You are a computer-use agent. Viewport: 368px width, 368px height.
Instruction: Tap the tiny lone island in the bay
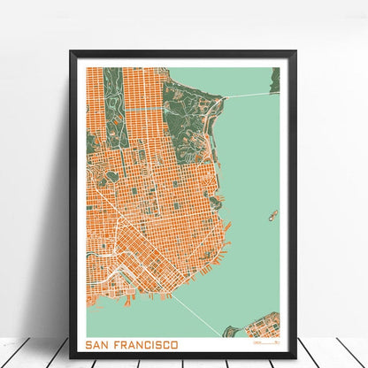point(272,215)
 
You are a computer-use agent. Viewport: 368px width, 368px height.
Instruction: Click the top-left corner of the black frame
point(71,52)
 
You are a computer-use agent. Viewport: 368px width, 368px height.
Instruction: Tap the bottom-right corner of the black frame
point(295,356)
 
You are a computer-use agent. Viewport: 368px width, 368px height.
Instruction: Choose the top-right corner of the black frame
point(295,52)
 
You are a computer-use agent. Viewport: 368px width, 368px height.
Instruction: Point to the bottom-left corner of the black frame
point(71,356)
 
